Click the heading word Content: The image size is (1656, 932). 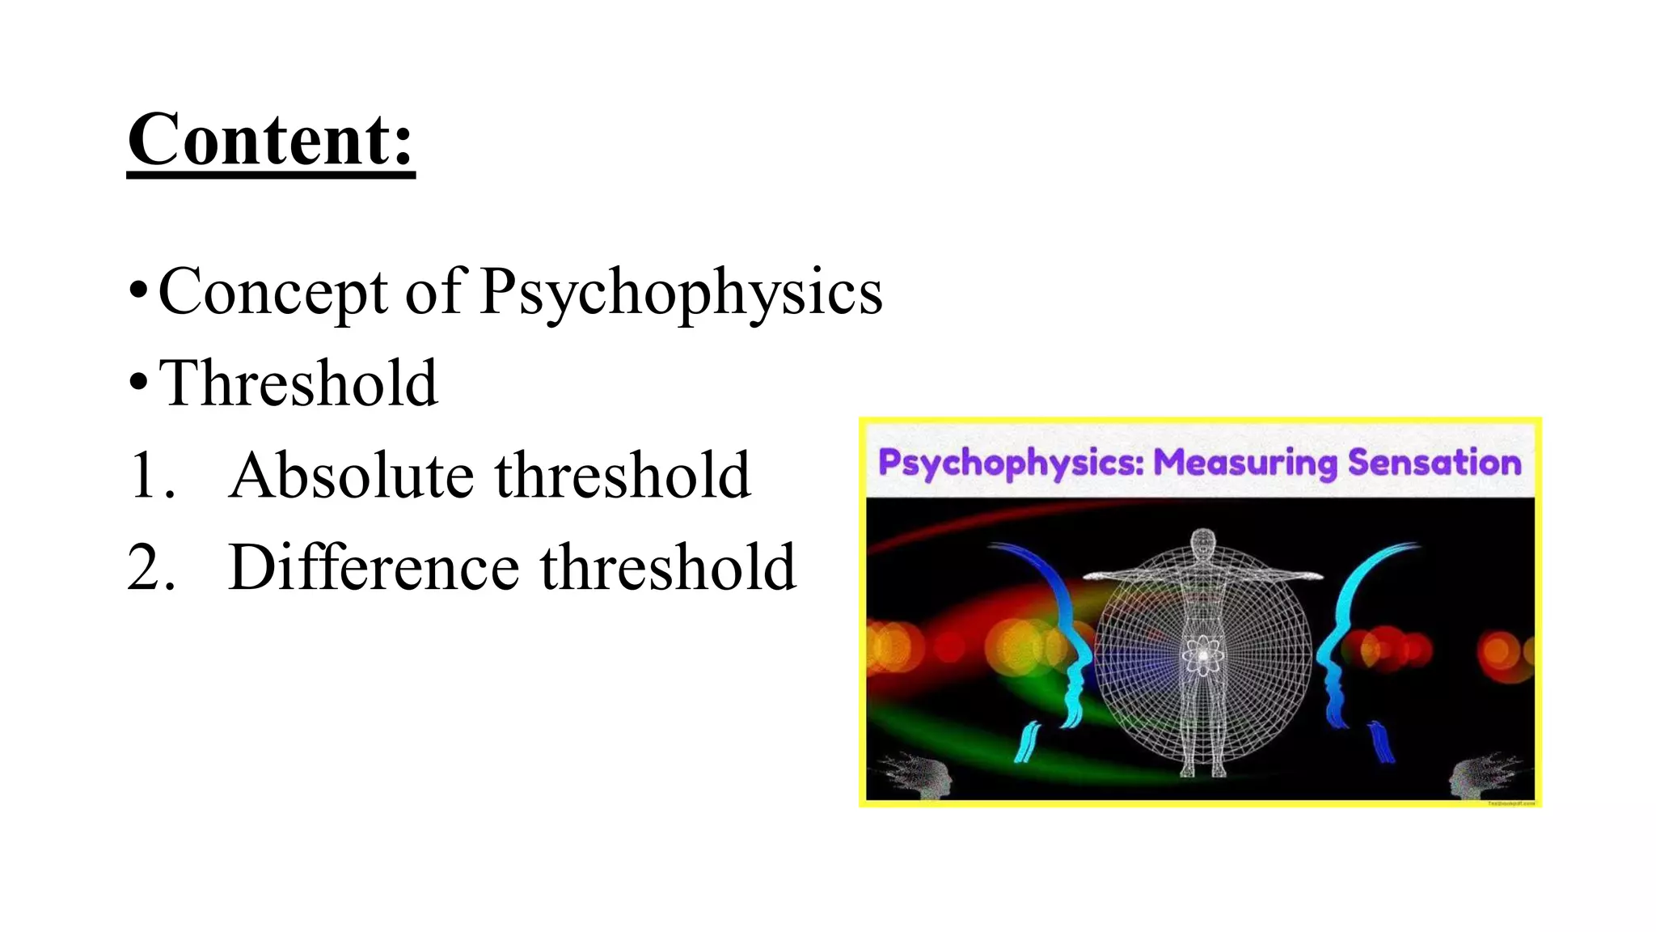271,140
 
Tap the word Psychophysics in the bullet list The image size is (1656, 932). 681,292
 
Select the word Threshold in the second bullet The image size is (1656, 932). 298,383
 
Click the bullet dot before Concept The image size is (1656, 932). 138,290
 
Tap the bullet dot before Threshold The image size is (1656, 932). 138,382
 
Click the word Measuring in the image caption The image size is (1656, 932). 1245,463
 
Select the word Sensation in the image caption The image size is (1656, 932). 1434,463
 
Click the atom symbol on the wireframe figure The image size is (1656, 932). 1203,655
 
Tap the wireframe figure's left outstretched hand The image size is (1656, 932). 1092,576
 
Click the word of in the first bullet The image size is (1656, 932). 434,292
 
